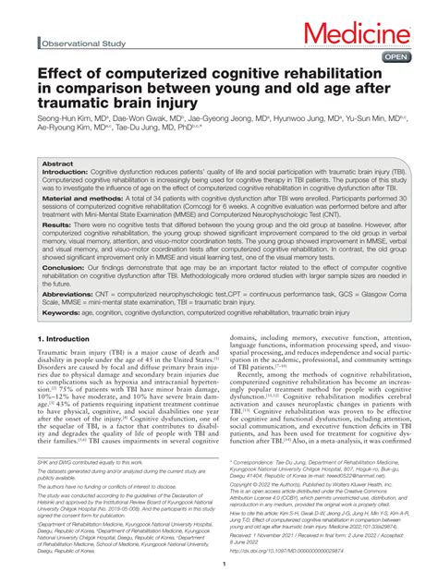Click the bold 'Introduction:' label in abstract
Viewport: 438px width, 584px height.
(67, 172)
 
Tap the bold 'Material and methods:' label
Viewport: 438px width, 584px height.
(79, 199)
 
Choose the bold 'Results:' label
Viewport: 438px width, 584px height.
(57, 225)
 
